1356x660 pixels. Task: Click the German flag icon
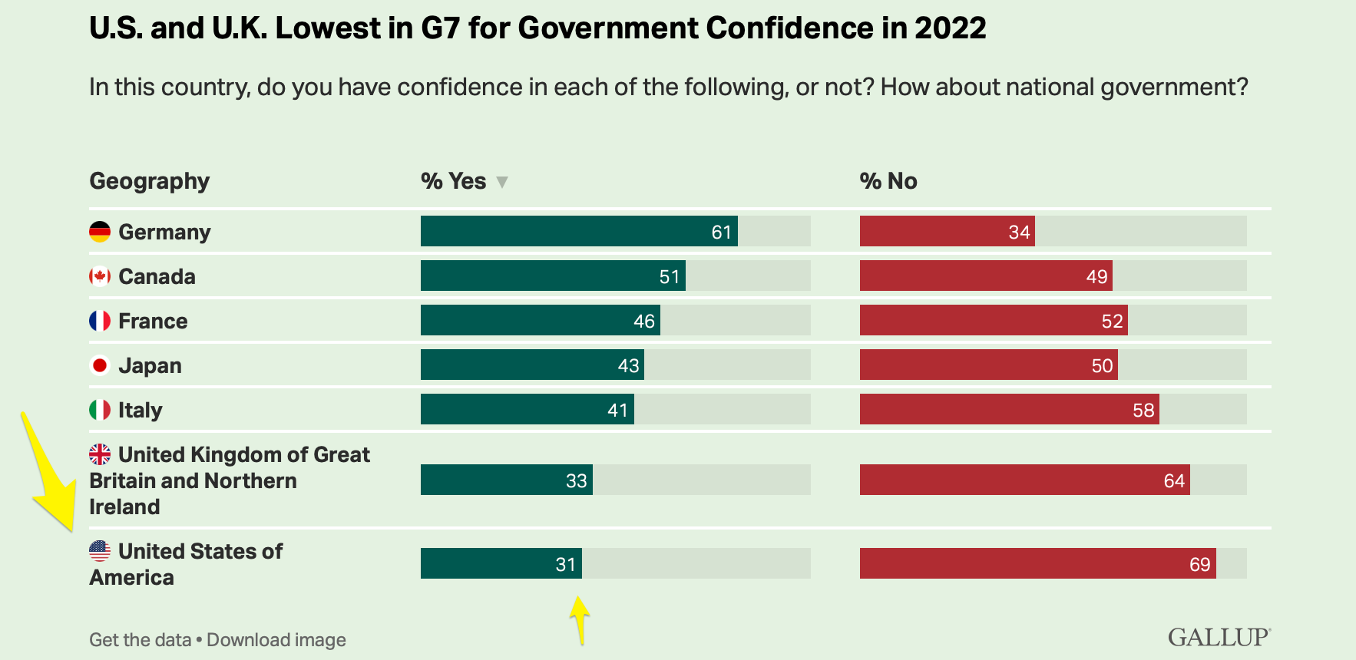point(100,232)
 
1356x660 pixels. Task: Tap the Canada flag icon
point(100,276)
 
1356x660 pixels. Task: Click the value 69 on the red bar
point(1199,565)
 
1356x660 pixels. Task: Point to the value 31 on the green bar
point(565,565)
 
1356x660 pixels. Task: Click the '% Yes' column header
point(453,181)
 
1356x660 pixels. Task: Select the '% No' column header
point(888,181)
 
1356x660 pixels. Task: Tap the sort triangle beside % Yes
point(502,183)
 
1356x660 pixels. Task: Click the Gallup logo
point(1219,637)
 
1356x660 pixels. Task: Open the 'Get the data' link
point(140,640)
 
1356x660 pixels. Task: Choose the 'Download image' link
point(276,640)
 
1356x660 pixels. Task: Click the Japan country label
point(150,365)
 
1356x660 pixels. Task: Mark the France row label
point(153,321)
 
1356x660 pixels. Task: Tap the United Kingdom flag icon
point(100,454)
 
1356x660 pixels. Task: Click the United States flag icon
point(100,550)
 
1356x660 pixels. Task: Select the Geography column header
point(150,181)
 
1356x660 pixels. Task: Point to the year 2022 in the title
point(950,28)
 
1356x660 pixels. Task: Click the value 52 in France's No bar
point(1112,322)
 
